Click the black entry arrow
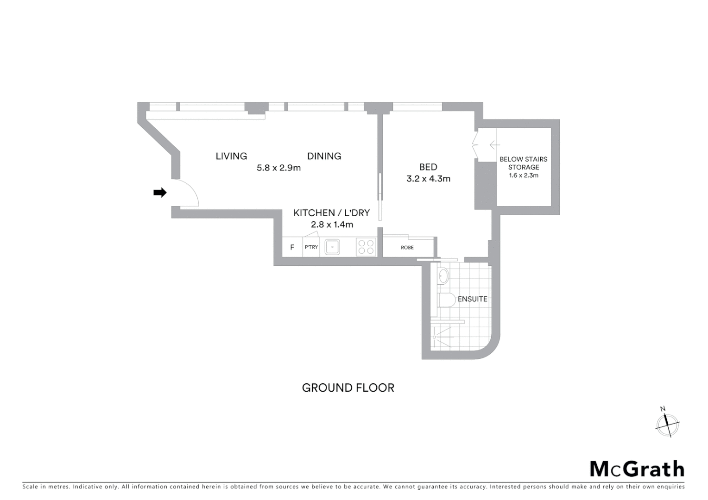click(160, 193)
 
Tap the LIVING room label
click(231, 156)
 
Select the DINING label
click(324, 156)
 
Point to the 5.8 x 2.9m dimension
click(278, 168)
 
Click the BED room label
click(428, 167)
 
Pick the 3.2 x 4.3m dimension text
click(428, 179)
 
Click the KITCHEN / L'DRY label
click(331, 213)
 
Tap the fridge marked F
click(292, 247)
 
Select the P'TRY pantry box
click(311, 247)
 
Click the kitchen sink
click(332, 247)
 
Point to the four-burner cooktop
click(366, 247)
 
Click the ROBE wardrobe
click(407, 248)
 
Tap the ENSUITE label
click(472, 299)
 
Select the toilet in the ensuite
click(446, 300)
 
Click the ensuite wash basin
click(443, 276)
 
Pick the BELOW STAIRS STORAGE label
click(523, 163)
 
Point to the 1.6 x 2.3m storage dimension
click(523, 175)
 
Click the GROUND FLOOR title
click(348, 388)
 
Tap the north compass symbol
click(667, 423)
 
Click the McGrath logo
click(637, 469)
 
